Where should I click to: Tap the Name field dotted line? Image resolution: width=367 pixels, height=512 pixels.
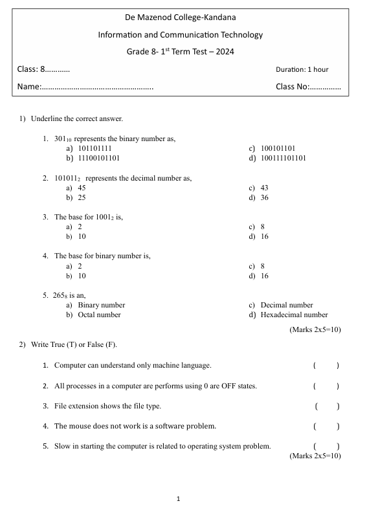[x=97, y=87]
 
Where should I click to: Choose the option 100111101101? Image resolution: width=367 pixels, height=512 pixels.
[x=283, y=158]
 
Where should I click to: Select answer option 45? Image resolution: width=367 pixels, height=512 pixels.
[x=82, y=188]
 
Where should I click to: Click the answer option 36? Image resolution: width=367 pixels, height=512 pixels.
[x=264, y=197]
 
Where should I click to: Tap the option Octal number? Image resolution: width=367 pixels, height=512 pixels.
[x=99, y=315]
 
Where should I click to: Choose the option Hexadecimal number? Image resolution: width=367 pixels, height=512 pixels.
[x=294, y=315]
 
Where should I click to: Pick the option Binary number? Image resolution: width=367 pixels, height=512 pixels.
[x=102, y=305]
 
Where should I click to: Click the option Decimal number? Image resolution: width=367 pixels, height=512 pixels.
[x=287, y=305]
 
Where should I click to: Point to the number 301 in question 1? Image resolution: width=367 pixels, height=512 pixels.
[x=60, y=138]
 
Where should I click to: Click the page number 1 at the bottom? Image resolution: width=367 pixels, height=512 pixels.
[x=178, y=499]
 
